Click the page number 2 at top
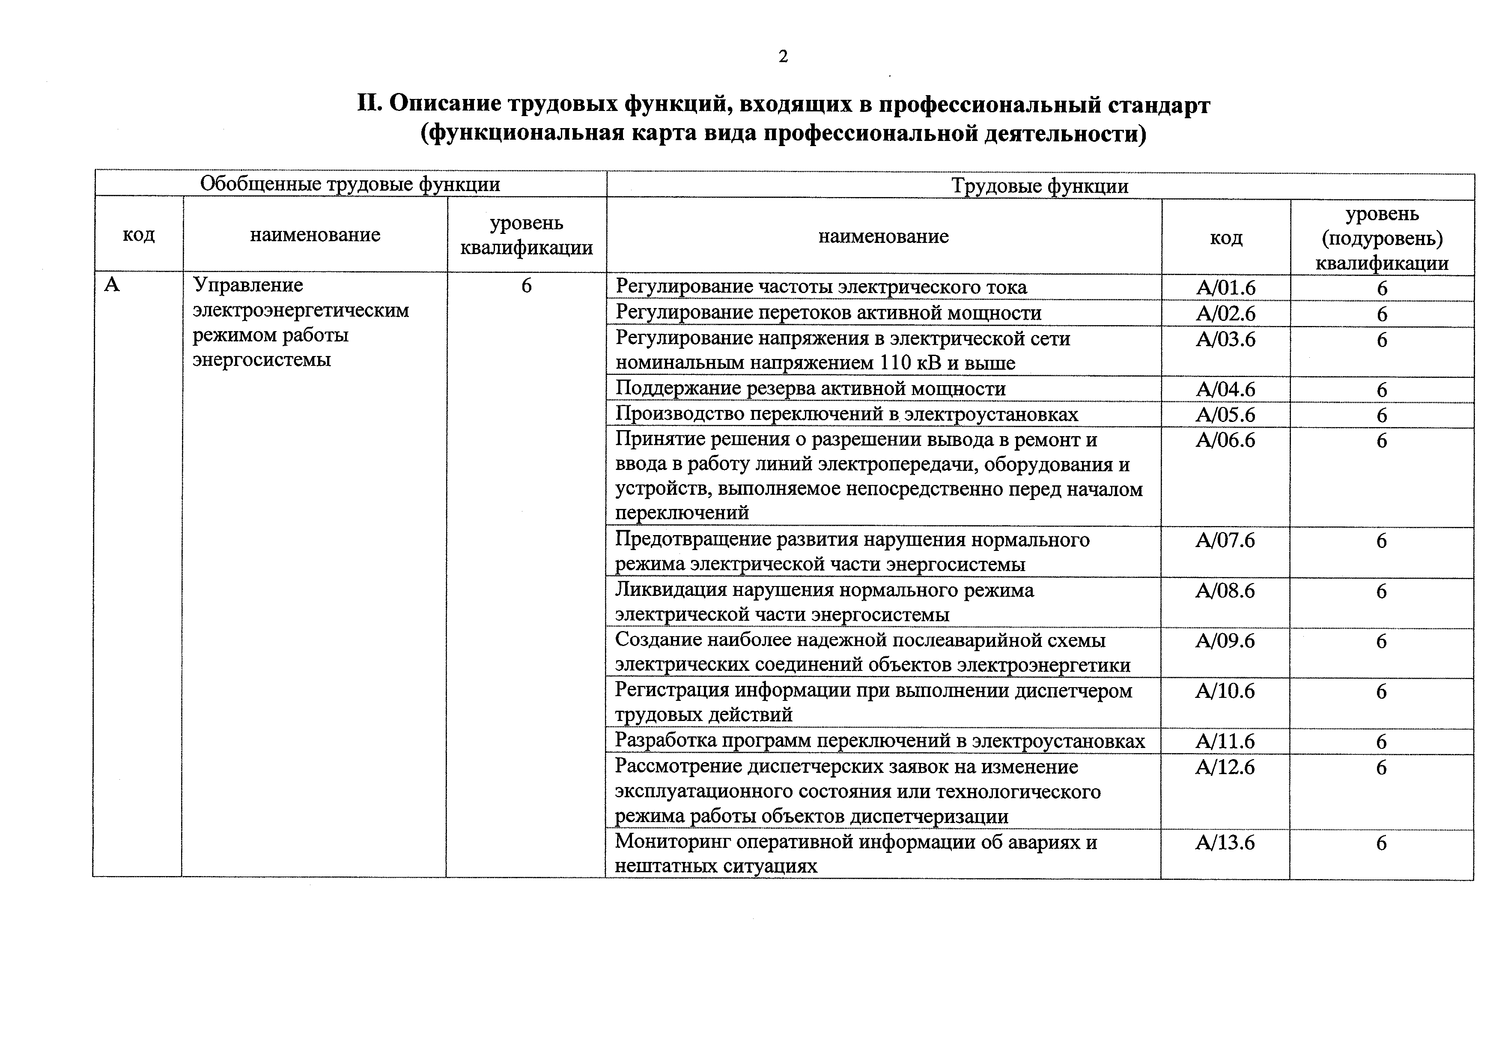tap(783, 57)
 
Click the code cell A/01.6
tap(1225, 288)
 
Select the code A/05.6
tap(1225, 415)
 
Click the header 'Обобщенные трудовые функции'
tap(350, 184)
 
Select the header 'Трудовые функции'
tap(1040, 186)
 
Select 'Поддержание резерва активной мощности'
tap(811, 389)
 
